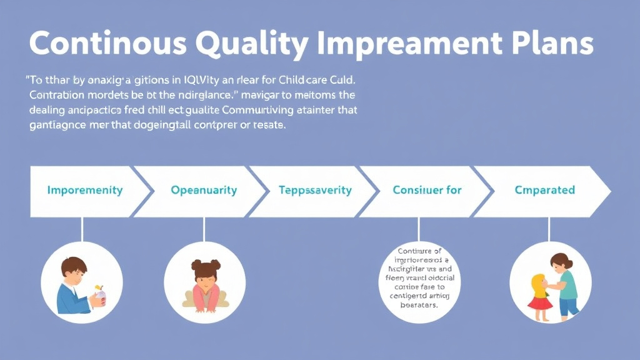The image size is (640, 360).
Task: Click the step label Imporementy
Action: (85, 190)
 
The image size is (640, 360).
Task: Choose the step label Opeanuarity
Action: (204, 190)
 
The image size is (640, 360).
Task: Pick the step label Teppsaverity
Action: (315, 190)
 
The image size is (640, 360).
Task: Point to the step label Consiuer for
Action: (427, 190)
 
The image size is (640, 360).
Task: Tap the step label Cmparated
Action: (544, 190)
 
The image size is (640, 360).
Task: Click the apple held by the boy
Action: (99, 291)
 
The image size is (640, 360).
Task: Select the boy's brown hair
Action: (74, 266)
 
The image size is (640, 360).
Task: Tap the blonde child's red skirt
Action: (540, 303)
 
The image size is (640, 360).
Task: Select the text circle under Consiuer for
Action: (419, 281)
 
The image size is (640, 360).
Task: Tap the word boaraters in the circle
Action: (418, 306)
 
